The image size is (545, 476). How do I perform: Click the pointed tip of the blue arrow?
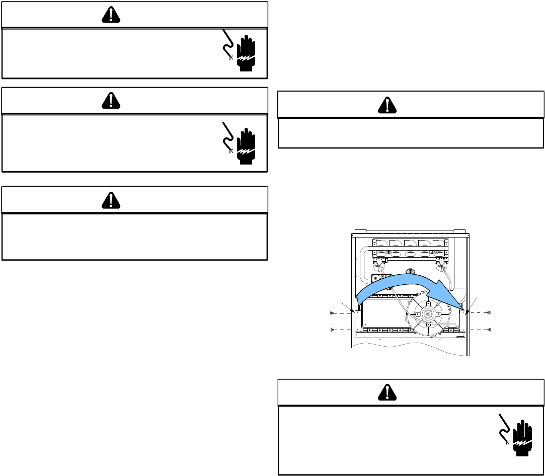tap(462, 307)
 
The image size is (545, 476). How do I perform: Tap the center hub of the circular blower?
tap(427, 313)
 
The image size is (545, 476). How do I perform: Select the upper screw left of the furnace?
tap(333, 313)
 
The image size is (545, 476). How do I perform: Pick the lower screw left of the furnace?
tap(333, 330)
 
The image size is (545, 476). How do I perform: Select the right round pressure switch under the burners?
tap(443, 262)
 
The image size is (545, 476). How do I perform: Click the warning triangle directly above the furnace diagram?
tap(387, 105)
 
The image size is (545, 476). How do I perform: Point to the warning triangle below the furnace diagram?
tap(387, 393)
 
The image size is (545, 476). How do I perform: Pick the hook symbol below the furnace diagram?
tap(505, 428)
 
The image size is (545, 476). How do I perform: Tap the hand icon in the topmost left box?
tap(246, 54)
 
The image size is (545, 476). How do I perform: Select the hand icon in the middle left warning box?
tap(246, 147)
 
